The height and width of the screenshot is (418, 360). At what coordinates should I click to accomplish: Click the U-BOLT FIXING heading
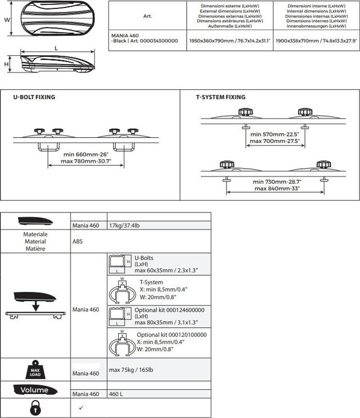click(34, 97)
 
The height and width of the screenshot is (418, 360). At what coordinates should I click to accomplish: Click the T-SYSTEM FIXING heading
click(221, 97)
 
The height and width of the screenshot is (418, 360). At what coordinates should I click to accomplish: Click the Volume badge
click(35, 390)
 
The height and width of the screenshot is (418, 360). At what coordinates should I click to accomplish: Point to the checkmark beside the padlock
click(80, 408)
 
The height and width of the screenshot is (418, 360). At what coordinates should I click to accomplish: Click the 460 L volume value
click(116, 394)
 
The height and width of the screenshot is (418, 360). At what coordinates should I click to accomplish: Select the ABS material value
click(77, 241)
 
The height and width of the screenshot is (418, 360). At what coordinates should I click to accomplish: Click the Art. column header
click(148, 16)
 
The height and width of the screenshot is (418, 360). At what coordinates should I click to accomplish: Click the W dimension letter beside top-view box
click(7, 19)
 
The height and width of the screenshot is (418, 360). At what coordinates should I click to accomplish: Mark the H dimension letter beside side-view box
click(7, 64)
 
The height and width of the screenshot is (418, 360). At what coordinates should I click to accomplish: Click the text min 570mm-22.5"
click(274, 134)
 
